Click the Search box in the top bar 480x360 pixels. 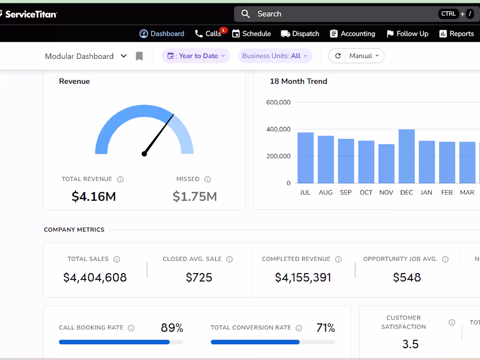pyautogui.click(x=340, y=14)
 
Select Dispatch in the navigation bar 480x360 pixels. pyautogui.click(x=300, y=34)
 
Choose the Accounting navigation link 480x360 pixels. pyautogui.click(x=353, y=34)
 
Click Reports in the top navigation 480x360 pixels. pyautogui.click(x=456, y=34)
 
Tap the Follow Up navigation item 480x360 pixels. pyautogui.click(x=408, y=34)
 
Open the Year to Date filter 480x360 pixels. pyautogui.click(x=196, y=56)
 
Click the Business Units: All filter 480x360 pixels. pyautogui.click(x=275, y=56)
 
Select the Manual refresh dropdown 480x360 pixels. pyautogui.click(x=364, y=56)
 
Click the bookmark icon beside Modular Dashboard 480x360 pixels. pyautogui.click(x=139, y=56)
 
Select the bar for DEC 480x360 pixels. pyautogui.click(x=406, y=156)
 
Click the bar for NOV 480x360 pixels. pyautogui.click(x=386, y=164)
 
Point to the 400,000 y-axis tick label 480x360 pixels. pyautogui.click(x=278, y=129)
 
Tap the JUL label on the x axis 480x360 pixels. pyautogui.click(x=305, y=192)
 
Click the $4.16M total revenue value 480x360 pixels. pyautogui.click(x=94, y=196)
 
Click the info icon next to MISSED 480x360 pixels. pyautogui.click(x=208, y=179)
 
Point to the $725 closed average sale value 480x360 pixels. pyautogui.click(x=199, y=278)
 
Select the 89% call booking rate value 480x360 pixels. pyautogui.click(x=172, y=328)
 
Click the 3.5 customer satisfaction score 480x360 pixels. pyautogui.click(x=410, y=344)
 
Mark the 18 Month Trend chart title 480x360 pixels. pyautogui.click(x=298, y=81)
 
